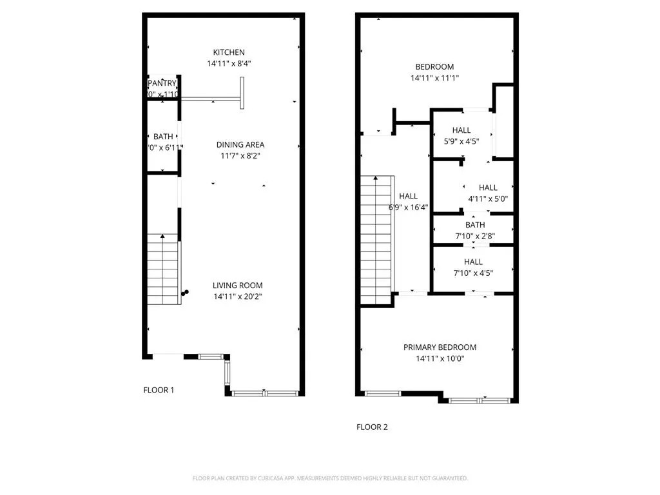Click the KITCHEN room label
point(229,52)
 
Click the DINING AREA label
point(240,144)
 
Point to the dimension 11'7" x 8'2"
point(240,156)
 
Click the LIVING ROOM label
point(238,286)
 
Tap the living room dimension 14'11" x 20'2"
point(238,297)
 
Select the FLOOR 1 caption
point(159,390)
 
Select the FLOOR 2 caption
point(372,427)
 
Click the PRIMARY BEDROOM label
point(440,347)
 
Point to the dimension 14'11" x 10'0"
point(440,359)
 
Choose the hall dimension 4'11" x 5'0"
point(488,199)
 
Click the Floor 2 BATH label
point(475,225)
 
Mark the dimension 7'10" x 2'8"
point(475,236)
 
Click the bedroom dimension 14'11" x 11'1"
point(434,78)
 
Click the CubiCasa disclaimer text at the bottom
point(330,478)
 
